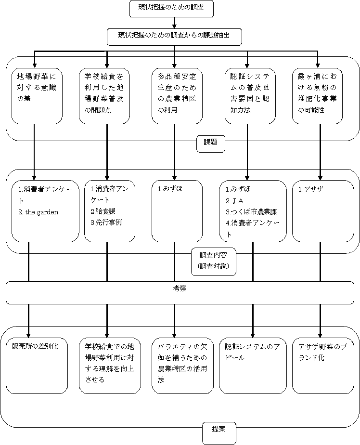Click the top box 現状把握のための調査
[x=171, y=9]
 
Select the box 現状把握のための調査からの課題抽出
[x=174, y=37]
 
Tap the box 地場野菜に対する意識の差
[x=37, y=96]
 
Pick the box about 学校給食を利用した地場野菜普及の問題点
[x=104, y=96]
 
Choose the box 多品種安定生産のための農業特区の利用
[x=177, y=96]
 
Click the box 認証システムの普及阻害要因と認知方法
[x=250, y=96]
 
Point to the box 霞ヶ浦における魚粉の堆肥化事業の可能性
[x=318, y=96]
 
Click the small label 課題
[x=211, y=144]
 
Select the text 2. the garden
[x=39, y=212]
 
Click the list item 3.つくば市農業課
[x=251, y=212]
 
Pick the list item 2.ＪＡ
[x=235, y=201]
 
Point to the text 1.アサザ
[x=310, y=189]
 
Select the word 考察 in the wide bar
[x=180, y=288]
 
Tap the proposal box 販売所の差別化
[x=37, y=366]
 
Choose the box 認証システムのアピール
[x=253, y=366]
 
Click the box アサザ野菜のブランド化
[x=323, y=366]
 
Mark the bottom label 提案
[x=219, y=433]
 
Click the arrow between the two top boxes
[x=174, y=23]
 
